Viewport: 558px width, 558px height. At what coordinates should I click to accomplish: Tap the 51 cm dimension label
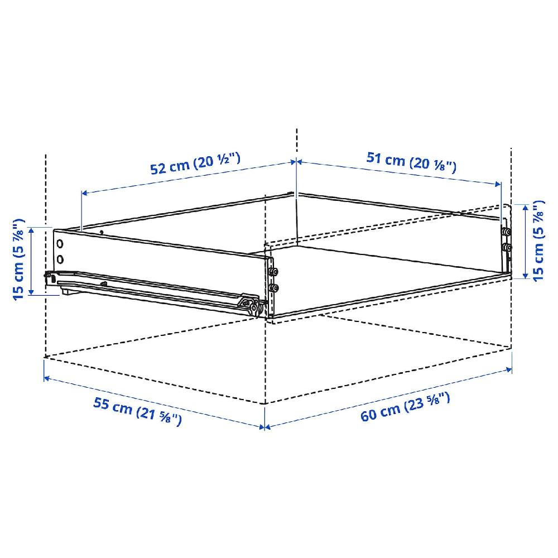click(412, 162)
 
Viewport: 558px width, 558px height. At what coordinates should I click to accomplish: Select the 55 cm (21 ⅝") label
click(137, 412)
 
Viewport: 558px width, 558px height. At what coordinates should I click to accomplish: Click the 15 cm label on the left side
click(19, 259)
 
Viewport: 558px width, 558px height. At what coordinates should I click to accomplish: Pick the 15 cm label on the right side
click(538, 240)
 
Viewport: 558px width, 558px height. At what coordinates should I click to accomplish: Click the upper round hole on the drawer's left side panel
click(60, 244)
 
